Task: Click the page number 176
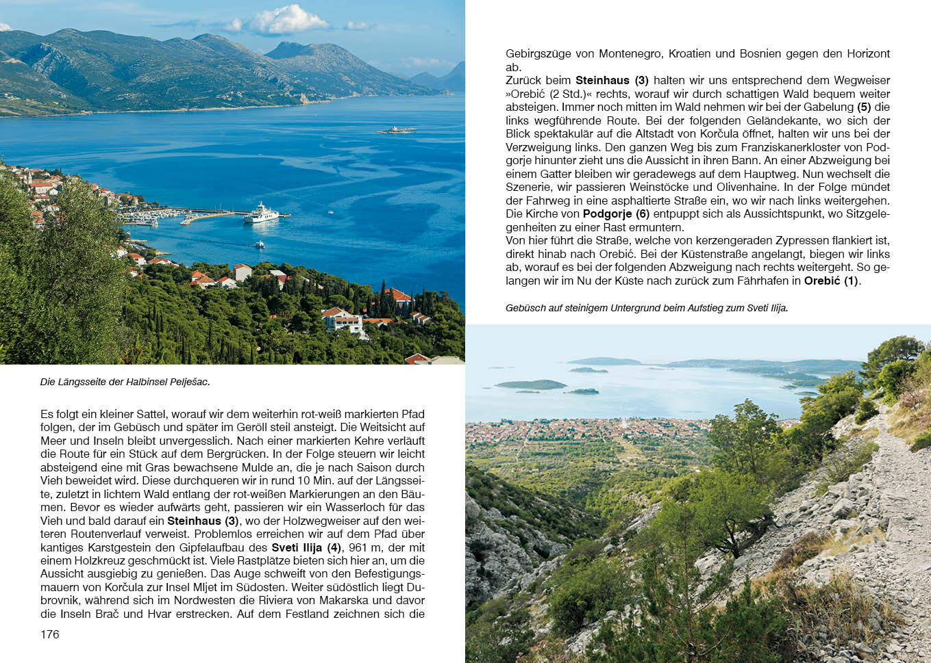tap(50, 634)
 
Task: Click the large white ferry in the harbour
tap(261, 213)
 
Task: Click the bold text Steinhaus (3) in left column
tap(203, 521)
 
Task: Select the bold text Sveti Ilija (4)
tap(306, 547)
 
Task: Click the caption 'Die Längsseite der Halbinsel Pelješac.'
tap(125, 382)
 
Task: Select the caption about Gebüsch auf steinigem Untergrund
tap(647, 308)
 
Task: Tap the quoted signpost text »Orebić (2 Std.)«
tap(549, 94)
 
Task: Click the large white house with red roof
tap(342, 319)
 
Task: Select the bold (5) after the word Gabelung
tap(864, 107)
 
